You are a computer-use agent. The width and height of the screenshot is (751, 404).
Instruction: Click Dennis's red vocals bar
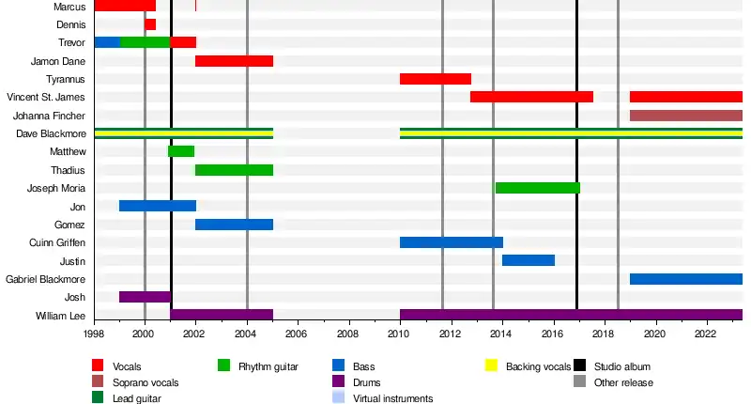point(150,24)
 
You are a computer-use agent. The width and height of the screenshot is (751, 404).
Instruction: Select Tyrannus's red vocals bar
point(436,79)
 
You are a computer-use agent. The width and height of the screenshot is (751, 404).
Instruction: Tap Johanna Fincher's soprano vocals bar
point(685,116)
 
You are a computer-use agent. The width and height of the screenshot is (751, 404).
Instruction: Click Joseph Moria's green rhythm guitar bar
point(537,188)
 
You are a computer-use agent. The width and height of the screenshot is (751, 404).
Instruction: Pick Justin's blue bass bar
point(529,260)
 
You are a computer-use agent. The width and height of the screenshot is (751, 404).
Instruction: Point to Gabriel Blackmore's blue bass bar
point(685,279)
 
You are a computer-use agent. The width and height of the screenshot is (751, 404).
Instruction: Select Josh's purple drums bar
point(145,297)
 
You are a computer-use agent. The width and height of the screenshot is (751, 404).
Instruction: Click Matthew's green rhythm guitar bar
point(181,151)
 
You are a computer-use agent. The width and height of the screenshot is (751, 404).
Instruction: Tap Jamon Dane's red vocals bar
point(234,61)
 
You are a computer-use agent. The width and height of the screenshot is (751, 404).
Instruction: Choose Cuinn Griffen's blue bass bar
point(452,242)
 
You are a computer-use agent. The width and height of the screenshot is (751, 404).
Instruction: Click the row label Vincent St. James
point(45,98)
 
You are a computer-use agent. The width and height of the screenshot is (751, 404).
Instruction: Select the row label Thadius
point(68,170)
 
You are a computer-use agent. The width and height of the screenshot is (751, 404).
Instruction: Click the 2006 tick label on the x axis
point(298,334)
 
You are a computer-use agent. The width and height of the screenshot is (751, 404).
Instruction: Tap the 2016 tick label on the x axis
point(553,334)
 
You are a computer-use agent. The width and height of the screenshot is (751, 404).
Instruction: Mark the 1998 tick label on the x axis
point(94,334)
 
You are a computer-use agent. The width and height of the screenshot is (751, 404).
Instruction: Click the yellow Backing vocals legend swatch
point(492,365)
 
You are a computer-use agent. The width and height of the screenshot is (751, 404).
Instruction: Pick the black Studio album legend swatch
point(581,365)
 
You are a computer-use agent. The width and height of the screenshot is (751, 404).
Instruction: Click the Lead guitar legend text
point(136,398)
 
